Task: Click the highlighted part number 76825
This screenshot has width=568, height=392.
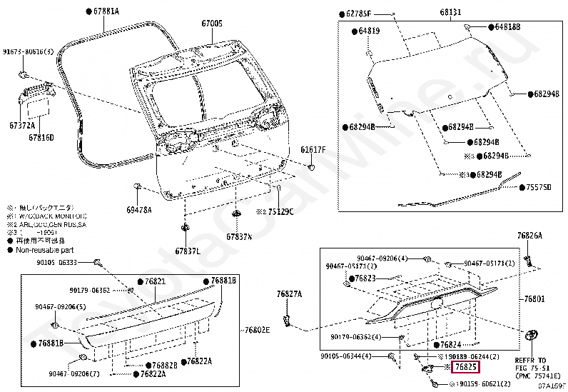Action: (x=466, y=367)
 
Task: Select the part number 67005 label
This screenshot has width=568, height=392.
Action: (x=212, y=24)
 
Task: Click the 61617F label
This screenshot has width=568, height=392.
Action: (x=313, y=150)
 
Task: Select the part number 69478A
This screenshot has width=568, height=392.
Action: (x=139, y=210)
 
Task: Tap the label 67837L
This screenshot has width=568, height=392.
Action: (x=188, y=251)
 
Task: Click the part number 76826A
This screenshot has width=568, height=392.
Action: (x=529, y=236)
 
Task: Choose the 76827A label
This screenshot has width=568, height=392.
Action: (x=289, y=293)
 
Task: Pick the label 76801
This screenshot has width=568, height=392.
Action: (x=534, y=298)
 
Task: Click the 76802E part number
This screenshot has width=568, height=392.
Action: (x=258, y=331)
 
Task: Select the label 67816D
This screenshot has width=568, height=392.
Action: (x=41, y=136)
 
